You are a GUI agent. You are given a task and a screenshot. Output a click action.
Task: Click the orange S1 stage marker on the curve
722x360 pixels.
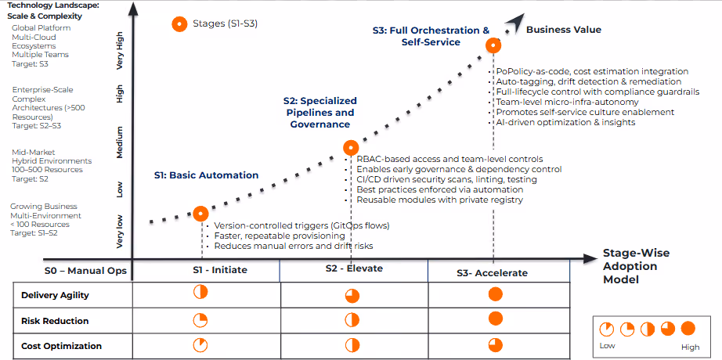(200, 212)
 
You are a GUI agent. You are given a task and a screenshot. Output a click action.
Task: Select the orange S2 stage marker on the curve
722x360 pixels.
(351, 147)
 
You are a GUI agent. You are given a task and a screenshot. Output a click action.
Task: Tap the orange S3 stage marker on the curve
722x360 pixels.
(493, 45)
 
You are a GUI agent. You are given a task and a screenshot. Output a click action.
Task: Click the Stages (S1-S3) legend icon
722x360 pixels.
(179, 23)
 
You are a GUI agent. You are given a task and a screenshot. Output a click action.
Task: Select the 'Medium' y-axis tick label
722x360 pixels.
(120, 142)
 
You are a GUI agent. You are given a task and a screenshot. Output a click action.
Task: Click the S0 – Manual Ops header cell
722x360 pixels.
(74, 271)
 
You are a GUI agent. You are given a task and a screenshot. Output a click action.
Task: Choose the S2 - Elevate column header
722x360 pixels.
(354, 268)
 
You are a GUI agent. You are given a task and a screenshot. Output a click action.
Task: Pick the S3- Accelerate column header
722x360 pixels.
(492, 272)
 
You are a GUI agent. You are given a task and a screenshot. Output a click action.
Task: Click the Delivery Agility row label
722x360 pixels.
(55, 295)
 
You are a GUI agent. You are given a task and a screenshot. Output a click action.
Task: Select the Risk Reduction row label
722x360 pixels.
(55, 321)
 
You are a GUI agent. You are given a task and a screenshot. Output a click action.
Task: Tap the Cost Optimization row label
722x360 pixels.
(61, 345)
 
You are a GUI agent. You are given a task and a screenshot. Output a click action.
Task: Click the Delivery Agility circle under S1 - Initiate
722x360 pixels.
(200, 292)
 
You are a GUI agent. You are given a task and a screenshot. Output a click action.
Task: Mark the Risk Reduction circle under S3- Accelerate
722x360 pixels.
(494, 319)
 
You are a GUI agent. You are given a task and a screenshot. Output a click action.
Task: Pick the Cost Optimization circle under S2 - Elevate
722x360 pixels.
(352, 345)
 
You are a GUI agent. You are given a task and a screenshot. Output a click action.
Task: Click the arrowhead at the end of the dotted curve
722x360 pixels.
(514, 21)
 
